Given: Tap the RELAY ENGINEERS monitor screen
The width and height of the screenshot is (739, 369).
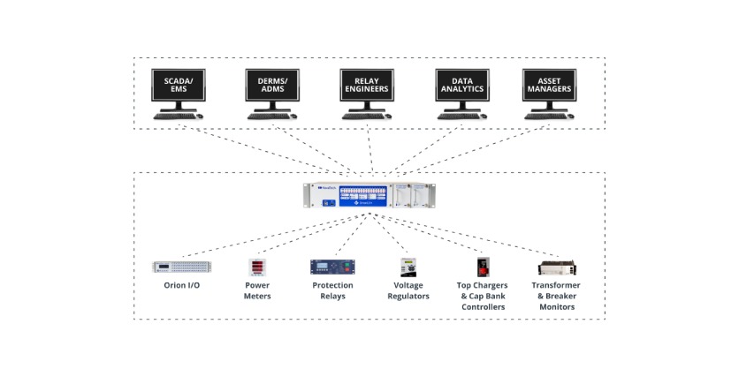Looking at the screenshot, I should click(x=367, y=85).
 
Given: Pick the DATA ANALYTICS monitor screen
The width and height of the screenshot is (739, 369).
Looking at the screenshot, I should click(x=461, y=85).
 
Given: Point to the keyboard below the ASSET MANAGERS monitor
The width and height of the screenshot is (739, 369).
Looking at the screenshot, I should click(x=545, y=116).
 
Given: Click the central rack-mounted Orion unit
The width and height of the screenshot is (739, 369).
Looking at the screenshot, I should click(x=369, y=197).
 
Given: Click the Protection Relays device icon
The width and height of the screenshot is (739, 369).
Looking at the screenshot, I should click(x=331, y=267).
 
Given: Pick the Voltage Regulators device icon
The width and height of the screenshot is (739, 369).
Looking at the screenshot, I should click(x=408, y=267).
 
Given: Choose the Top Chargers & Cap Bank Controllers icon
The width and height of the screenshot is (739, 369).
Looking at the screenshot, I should click(x=482, y=267).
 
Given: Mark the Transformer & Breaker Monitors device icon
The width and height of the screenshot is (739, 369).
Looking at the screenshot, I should click(x=555, y=267).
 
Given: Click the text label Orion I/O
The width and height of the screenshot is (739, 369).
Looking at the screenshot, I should click(x=175, y=286).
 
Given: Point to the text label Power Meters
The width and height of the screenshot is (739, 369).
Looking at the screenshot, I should click(x=258, y=291).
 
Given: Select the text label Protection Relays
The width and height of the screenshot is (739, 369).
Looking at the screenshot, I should click(x=332, y=291).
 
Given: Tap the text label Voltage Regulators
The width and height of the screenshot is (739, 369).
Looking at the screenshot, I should click(x=408, y=291).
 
